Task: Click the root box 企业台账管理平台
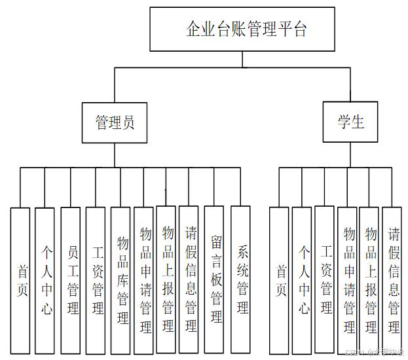[242, 29]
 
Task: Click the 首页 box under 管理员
[21, 280]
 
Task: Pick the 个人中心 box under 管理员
[45, 280]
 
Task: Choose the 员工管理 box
[71, 280]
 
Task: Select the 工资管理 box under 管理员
[96, 280]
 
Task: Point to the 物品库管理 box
[121, 280]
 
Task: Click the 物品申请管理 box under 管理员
[144, 280]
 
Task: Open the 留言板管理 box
[215, 280]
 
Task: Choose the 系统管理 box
[240, 280]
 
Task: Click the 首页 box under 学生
[280, 280]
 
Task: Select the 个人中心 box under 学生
[302, 280]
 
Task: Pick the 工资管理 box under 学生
[325, 280]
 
